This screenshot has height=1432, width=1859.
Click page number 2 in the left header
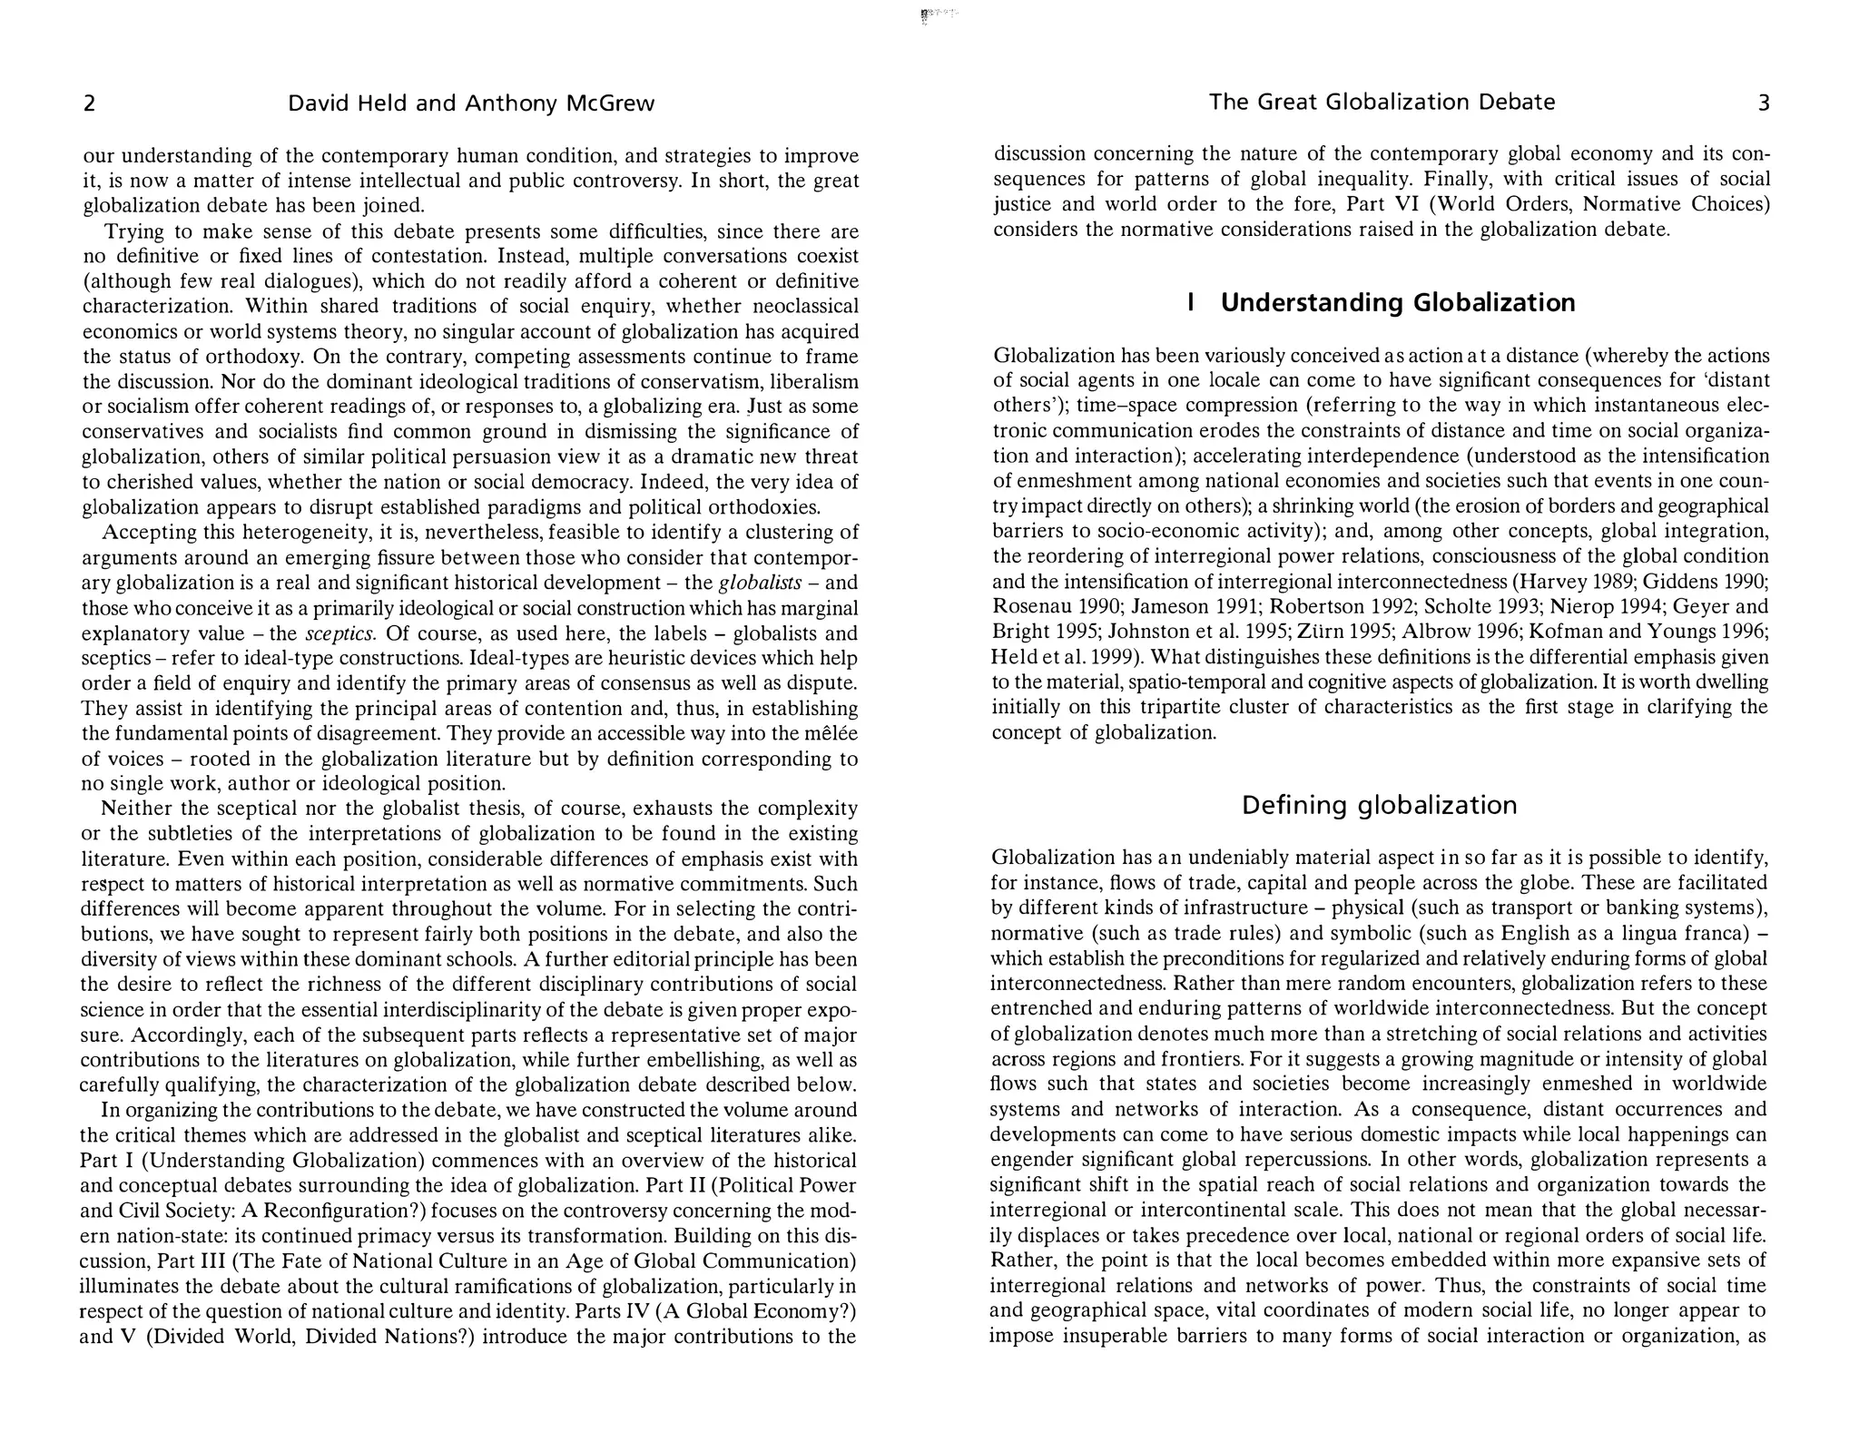(x=89, y=103)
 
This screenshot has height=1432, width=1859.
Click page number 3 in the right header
(x=1764, y=103)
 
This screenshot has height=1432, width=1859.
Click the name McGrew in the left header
(x=610, y=103)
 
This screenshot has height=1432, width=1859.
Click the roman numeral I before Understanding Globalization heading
(x=1189, y=302)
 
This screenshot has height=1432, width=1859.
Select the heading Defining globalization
(x=1379, y=805)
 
